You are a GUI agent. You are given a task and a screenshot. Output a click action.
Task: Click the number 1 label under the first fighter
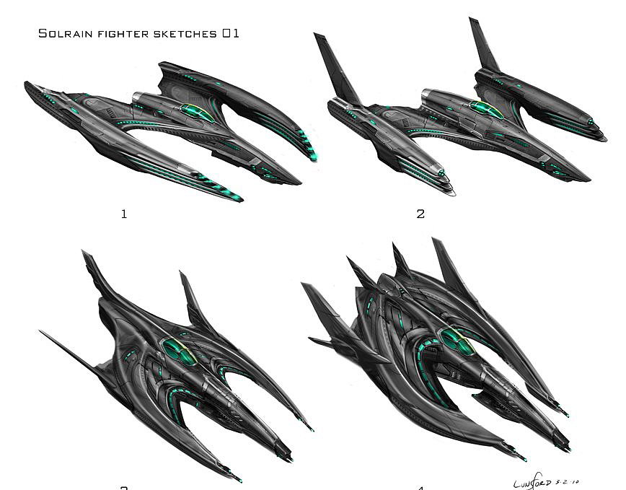pyautogui.click(x=124, y=214)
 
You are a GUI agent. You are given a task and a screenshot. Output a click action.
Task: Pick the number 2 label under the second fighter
pyautogui.click(x=420, y=214)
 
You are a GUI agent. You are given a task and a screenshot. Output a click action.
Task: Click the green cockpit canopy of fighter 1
pyautogui.click(x=195, y=111)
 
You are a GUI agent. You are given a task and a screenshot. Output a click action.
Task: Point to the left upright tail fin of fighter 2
pyautogui.click(x=338, y=69)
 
